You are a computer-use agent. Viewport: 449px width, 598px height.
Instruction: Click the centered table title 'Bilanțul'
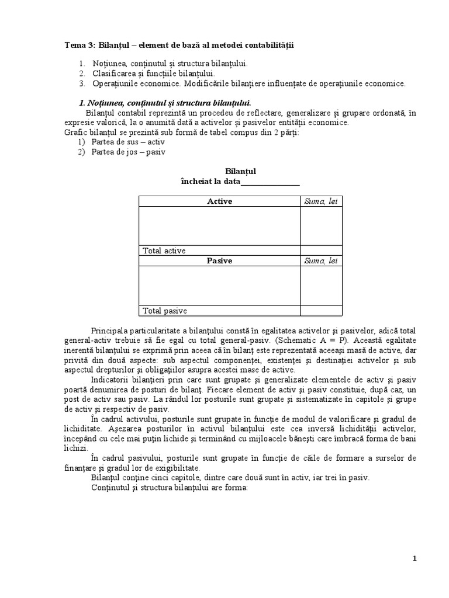point(240,172)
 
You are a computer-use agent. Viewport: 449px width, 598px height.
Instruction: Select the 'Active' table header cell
point(219,201)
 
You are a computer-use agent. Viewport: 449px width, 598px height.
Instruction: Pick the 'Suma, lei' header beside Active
point(321,201)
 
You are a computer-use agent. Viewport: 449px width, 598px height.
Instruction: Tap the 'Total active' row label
point(164,251)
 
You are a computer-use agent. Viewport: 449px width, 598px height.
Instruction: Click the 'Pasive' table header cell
point(219,261)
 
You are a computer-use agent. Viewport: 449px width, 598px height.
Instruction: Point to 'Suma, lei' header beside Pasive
point(321,261)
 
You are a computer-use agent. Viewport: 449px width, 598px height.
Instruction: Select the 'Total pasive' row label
point(165,311)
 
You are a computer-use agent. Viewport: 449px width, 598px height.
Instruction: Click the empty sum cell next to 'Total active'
point(321,251)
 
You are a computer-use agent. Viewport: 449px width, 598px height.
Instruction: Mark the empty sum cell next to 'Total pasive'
point(321,311)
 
